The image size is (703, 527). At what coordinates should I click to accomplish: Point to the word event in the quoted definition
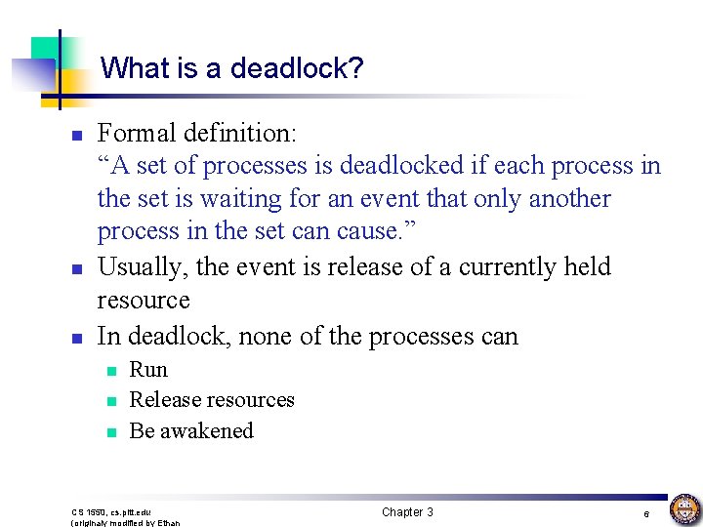pos(406,199)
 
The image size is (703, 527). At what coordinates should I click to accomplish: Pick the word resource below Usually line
pos(144,300)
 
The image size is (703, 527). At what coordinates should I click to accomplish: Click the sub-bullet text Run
pos(148,370)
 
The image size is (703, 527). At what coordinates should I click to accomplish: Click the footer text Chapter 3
pos(407,512)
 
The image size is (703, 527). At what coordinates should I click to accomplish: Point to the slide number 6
pos(645,513)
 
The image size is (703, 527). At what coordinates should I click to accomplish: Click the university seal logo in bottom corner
pos(683,508)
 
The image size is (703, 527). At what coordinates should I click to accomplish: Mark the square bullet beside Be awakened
pos(112,432)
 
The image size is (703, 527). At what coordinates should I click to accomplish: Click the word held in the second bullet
pos(589,267)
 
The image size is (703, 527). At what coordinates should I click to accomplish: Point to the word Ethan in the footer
pos(168,522)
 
